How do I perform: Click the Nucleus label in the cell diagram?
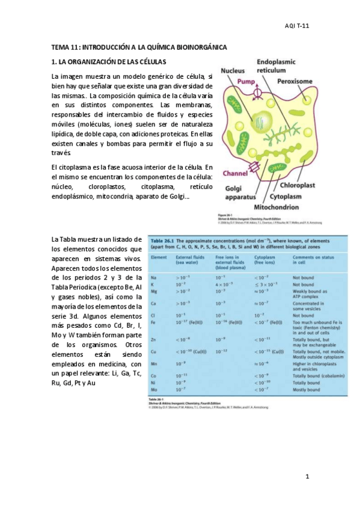pyautogui.click(x=233, y=71)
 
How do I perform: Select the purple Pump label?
pyautogui.click(x=246, y=80)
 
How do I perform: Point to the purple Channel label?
pyautogui.click(x=235, y=173)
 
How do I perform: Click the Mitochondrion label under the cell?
pyautogui.click(x=272, y=207)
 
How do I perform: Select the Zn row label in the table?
pyautogui.click(x=154, y=340)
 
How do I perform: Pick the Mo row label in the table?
pyautogui.click(x=154, y=390)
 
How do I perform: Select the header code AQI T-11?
pyautogui.click(x=297, y=26)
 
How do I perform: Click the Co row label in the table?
pyautogui.click(x=154, y=375)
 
